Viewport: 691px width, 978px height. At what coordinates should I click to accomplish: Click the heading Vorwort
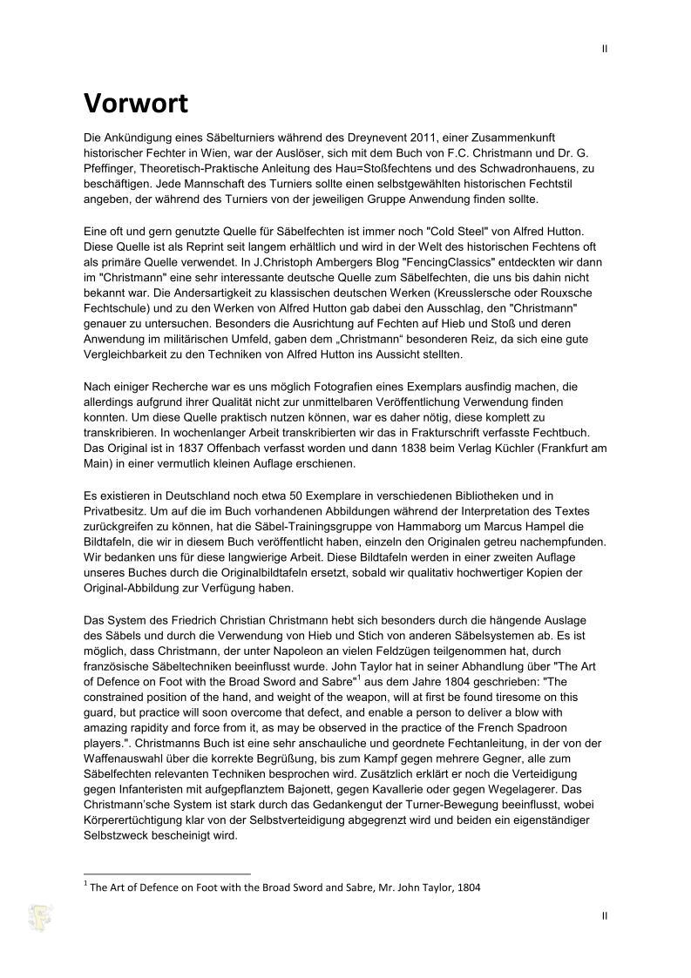click(x=135, y=103)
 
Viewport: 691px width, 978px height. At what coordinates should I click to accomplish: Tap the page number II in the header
click(x=605, y=49)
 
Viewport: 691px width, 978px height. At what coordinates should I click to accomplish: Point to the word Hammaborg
click(x=399, y=527)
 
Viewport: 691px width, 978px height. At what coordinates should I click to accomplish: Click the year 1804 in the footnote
click(x=469, y=887)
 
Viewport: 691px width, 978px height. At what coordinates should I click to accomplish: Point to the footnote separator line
click(x=166, y=873)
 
